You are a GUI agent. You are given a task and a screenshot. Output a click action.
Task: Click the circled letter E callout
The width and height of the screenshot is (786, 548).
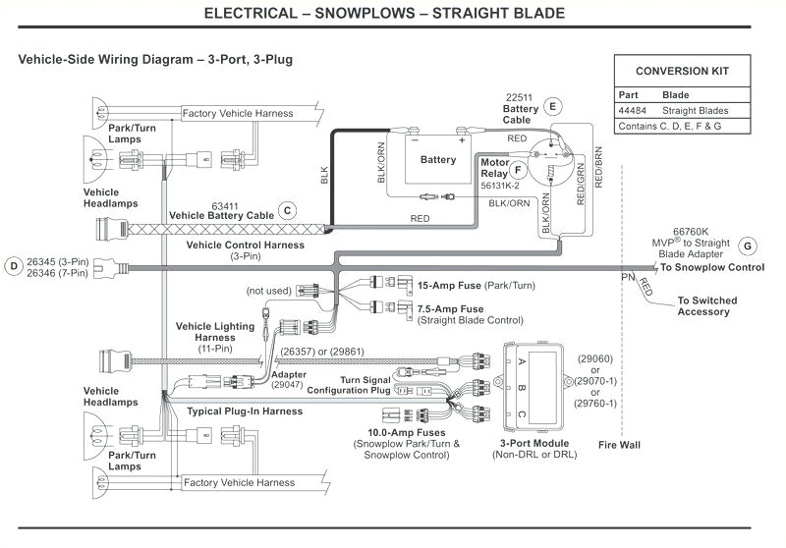click(552, 106)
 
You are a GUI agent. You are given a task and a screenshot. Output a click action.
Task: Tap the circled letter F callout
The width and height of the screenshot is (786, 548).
click(520, 169)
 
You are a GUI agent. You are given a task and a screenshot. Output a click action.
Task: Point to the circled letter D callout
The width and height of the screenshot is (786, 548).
click(13, 264)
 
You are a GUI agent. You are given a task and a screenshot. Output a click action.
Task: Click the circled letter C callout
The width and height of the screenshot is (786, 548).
click(287, 209)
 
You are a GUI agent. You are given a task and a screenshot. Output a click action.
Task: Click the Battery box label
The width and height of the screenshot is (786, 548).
click(438, 159)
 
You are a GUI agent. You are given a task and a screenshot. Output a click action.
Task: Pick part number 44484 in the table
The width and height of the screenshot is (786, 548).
click(632, 111)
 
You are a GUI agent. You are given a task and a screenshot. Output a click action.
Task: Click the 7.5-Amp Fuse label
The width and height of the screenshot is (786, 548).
click(457, 308)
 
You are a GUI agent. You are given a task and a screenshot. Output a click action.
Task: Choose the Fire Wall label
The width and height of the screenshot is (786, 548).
click(619, 445)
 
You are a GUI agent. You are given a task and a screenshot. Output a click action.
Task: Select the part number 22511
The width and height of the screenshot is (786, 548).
click(518, 97)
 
